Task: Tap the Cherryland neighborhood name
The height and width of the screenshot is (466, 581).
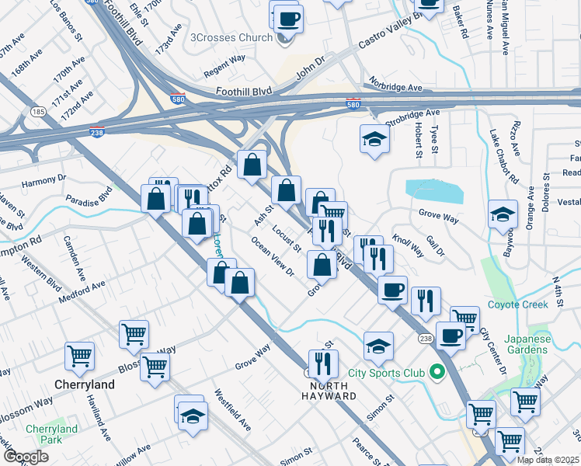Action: click(x=85, y=384)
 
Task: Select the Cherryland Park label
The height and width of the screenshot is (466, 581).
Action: click(x=51, y=435)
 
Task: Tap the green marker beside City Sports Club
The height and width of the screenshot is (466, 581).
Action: click(x=437, y=374)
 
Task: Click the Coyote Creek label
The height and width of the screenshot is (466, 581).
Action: click(x=518, y=304)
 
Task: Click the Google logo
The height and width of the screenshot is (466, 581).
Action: click(x=26, y=457)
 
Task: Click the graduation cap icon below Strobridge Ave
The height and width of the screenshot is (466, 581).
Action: click(x=374, y=139)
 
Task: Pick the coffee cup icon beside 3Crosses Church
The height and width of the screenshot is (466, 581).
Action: click(x=288, y=19)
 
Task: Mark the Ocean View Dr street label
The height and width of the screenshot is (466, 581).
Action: click(x=272, y=256)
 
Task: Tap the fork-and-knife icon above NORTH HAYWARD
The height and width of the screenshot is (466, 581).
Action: click(x=322, y=363)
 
